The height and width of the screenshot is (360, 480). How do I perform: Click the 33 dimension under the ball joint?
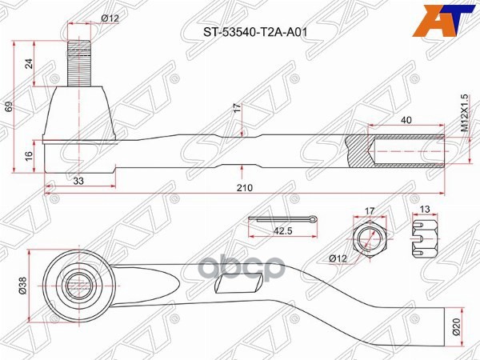point(78,182)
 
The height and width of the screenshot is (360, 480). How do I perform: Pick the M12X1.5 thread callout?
point(463,113)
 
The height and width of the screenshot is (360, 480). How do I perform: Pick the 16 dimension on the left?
point(30,157)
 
